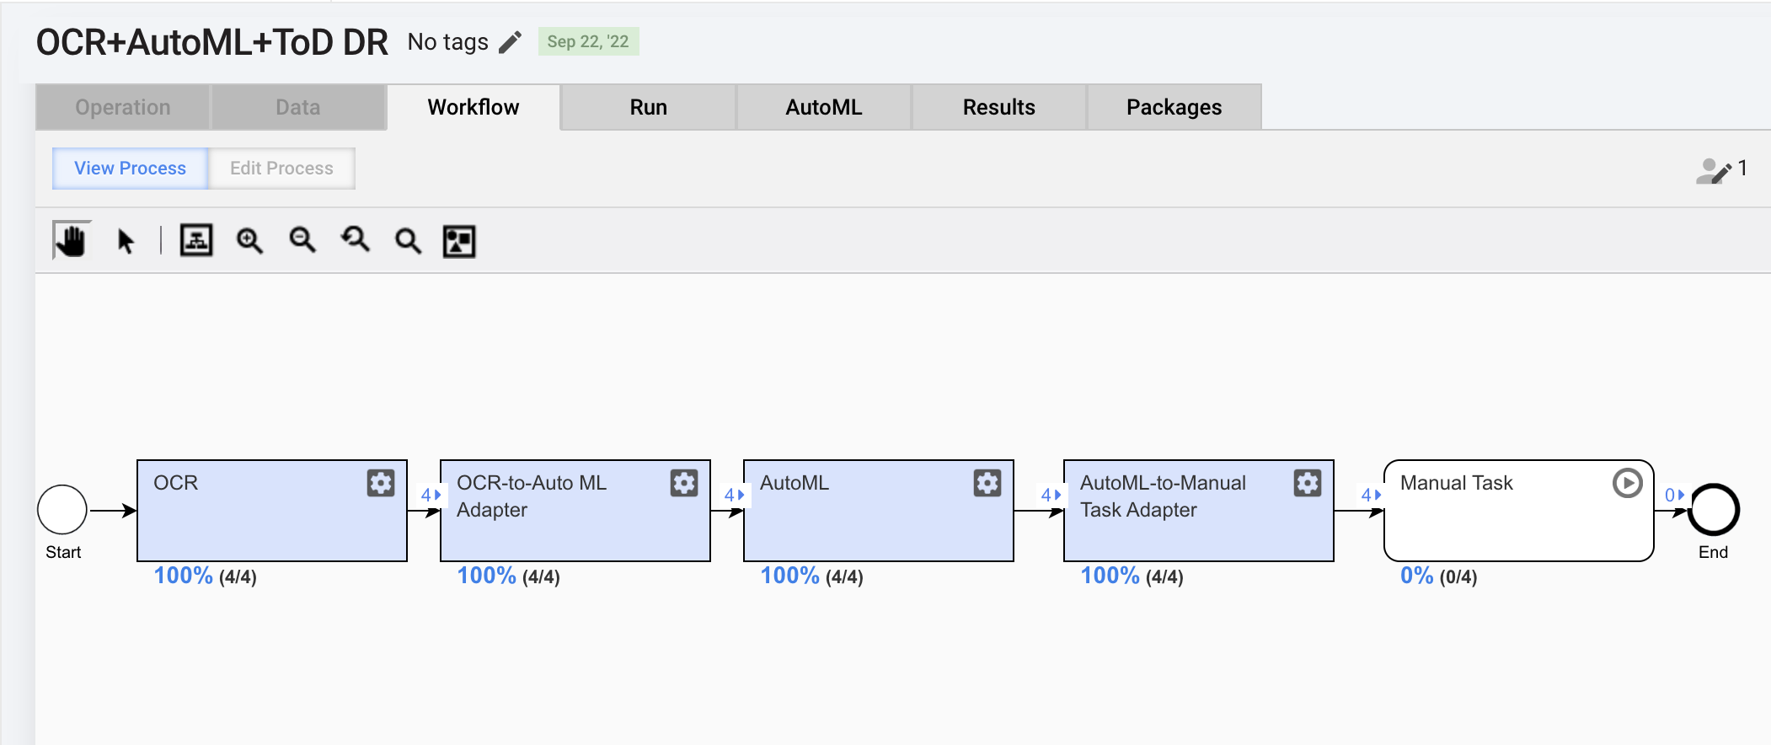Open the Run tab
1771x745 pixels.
click(648, 107)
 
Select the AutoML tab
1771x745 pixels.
click(823, 107)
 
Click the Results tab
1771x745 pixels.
click(998, 107)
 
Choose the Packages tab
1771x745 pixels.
click(1174, 107)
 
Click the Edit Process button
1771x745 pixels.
click(281, 169)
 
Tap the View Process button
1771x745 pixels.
click(130, 169)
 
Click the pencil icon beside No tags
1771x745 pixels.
click(510, 42)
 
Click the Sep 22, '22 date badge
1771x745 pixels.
click(588, 41)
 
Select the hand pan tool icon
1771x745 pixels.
click(72, 240)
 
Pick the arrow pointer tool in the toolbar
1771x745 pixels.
click(126, 242)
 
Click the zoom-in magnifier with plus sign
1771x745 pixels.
click(249, 241)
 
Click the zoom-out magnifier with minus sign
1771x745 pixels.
click(302, 241)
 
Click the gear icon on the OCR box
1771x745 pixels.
click(381, 483)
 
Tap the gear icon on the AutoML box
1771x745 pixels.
click(987, 483)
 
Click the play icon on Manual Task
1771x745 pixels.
click(1627, 483)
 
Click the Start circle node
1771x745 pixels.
click(62, 510)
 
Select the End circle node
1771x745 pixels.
click(1714, 510)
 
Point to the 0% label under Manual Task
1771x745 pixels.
click(1416, 576)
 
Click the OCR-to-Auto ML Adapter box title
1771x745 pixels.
click(532, 496)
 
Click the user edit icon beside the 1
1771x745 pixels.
click(1714, 171)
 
